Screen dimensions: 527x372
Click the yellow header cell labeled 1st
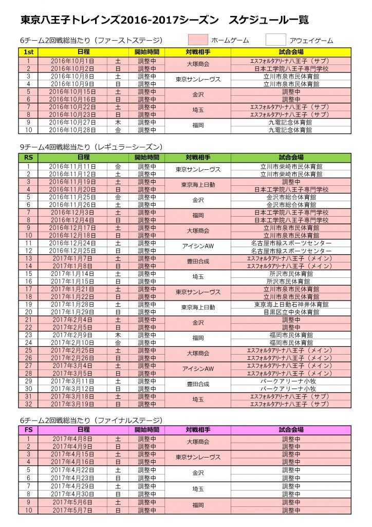pos(29,52)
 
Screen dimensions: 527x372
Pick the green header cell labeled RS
pos(29,157)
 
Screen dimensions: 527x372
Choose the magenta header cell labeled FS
pos(29,429)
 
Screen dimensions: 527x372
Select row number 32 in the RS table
pos(29,404)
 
